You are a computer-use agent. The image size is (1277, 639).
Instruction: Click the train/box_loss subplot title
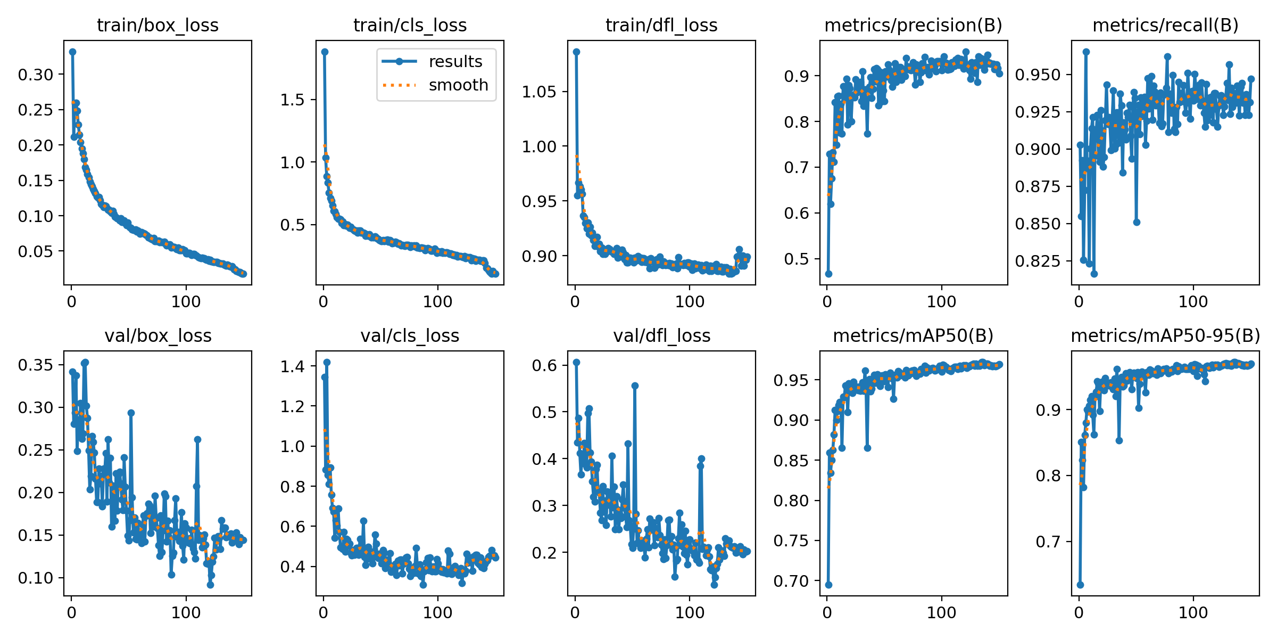click(157, 25)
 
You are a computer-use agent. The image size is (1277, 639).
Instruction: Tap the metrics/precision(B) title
click(913, 25)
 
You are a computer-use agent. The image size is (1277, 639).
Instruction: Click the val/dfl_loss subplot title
click(661, 335)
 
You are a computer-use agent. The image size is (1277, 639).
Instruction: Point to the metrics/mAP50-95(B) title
click(1165, 335)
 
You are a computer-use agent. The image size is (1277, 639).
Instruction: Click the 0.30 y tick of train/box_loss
click(36, 75)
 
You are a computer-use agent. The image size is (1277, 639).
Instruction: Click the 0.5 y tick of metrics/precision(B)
click(796, 259)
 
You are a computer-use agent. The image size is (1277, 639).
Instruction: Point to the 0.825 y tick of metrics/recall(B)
click(1038, 261)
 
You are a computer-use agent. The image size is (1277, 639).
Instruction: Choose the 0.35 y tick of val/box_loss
click(36, 365)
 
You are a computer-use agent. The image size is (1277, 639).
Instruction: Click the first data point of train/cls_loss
click(325, 52)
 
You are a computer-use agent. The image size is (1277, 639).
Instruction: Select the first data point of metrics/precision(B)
click(828, 274)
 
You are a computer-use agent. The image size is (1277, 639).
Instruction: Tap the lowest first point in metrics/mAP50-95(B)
click(1080, 585)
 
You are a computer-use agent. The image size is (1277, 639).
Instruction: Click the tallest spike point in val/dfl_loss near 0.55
click(635, 386)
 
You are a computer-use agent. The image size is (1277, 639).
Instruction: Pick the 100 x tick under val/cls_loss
click(437, 612)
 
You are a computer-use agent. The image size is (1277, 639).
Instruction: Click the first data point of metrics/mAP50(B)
click(828, 585)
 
